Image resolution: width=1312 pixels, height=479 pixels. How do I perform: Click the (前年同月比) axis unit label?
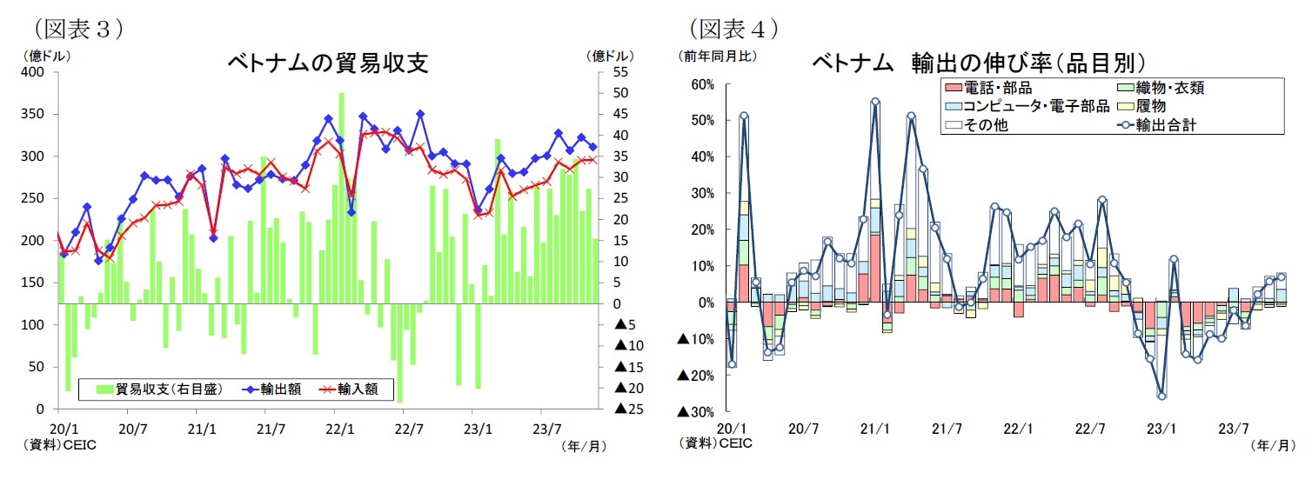[x=718, y=56]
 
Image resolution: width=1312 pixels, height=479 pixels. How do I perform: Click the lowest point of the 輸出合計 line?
[x=1161, y=396]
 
